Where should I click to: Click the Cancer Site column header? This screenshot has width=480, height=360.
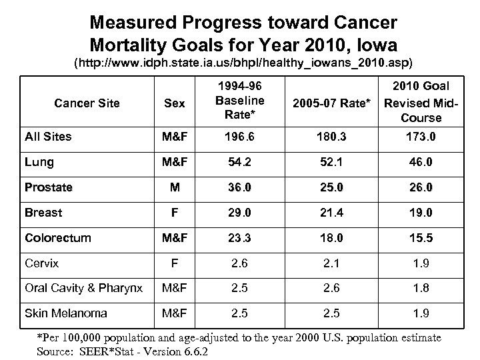[87, 103]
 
